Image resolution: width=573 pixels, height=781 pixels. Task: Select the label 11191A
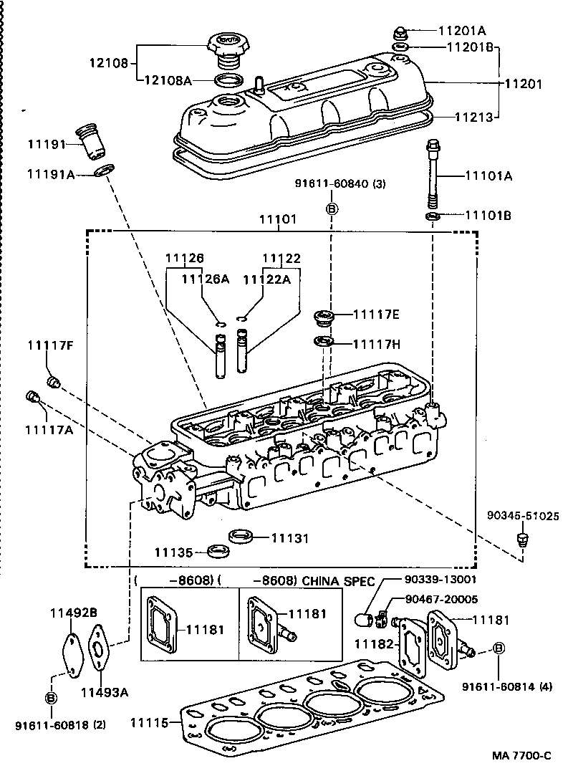tap(51, 174)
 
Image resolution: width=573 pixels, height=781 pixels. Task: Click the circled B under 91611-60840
tap(332, 209)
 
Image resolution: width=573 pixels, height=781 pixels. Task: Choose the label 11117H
tap(376, 344)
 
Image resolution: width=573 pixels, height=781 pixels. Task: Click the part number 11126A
tap(204, 279)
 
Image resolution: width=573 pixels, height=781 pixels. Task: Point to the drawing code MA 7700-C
tap(521, 756)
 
